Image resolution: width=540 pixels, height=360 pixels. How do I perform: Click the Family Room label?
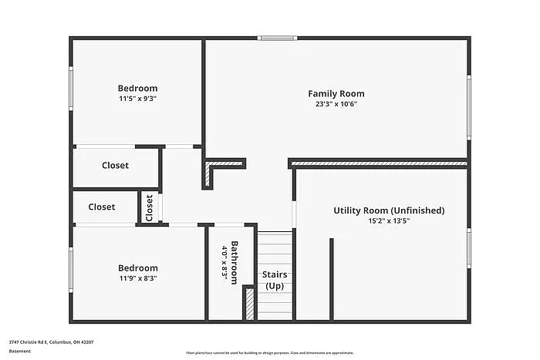[x=336, y=93]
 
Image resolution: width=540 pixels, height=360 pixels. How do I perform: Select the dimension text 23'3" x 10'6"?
[x=336, y=104]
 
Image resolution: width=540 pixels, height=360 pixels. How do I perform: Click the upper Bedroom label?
[x=137, y=88]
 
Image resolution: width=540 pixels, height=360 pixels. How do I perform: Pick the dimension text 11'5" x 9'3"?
[x=137, y=99]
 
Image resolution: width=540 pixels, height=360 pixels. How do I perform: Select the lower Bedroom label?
[x=138, y=267]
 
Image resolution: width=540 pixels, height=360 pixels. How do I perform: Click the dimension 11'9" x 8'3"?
[x=138, y=278]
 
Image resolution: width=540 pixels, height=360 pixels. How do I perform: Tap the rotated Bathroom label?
[x=235, y=264]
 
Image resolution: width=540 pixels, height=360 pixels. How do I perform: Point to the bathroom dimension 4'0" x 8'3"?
[x=224, y=264]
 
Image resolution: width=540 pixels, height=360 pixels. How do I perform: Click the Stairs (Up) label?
[x=275, y=280]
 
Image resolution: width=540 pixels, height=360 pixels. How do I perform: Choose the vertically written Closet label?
[x=150, y=207]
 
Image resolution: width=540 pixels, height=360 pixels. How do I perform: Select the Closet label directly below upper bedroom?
[x=115, y=165]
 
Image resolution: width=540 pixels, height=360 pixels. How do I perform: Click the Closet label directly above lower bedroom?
[x=101, y=207]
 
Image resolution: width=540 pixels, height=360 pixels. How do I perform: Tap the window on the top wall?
[x=277, y=37]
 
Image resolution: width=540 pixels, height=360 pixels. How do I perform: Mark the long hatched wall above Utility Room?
[x=378, y=163]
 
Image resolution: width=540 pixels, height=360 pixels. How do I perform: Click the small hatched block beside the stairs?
[x=249, y=303]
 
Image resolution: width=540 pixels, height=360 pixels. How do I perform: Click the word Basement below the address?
[x=20, y=352]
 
